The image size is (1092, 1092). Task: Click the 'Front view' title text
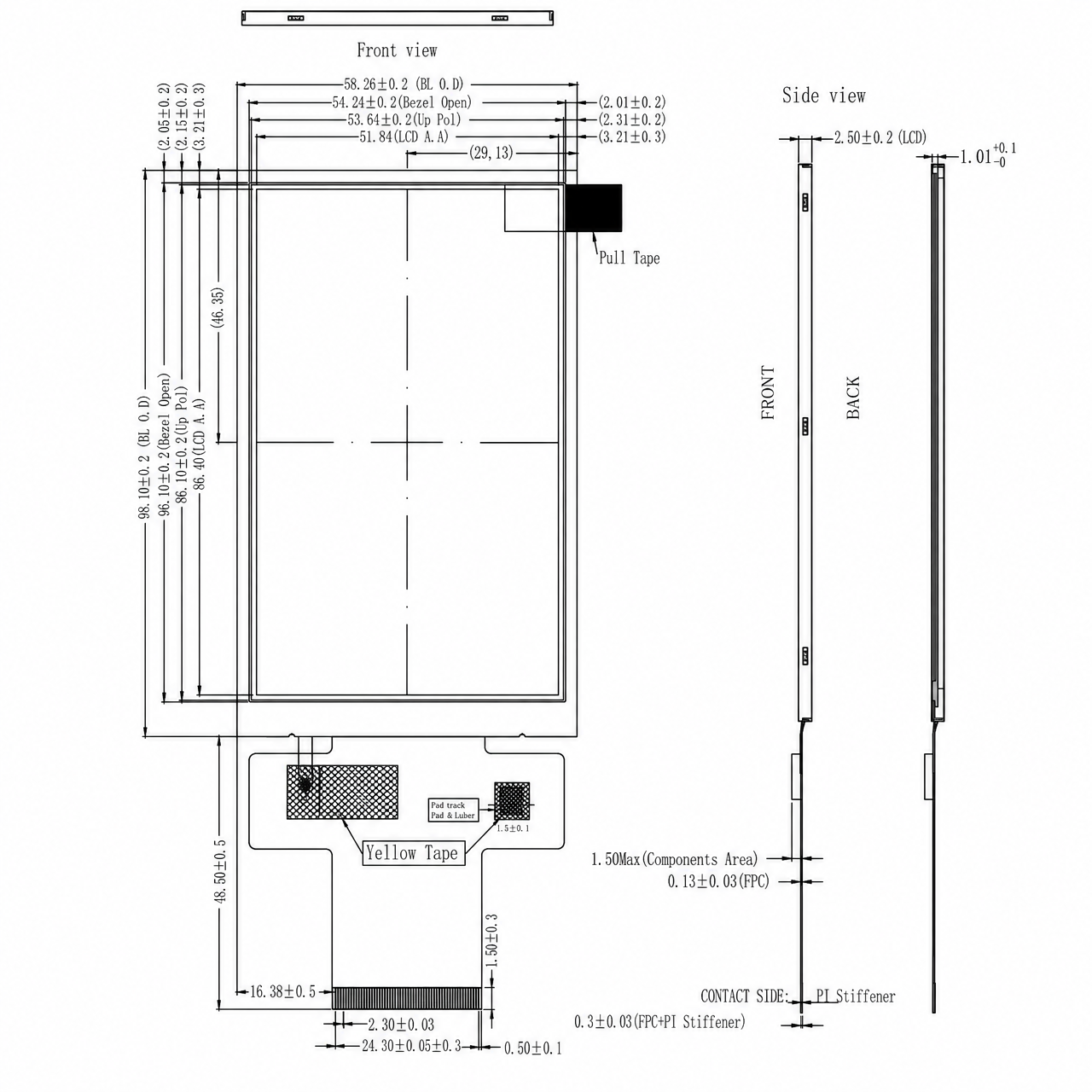(x=397, y=50)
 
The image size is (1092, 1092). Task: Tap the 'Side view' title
(x=823, y=96)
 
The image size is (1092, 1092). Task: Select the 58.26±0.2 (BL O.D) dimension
(x=404, y=84)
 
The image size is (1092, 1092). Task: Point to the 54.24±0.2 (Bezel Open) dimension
(x=402, y=102)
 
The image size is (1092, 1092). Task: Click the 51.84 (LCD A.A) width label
(x=404, y=136)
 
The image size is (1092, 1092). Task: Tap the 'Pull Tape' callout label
(x=630, y=258)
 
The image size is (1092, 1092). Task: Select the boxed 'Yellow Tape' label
(x=413, y=853)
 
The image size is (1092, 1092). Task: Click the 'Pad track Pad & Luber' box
(x=453, y=810)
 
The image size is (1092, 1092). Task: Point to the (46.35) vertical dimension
(x=218, y=307)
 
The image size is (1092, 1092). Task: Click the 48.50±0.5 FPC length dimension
(x=220, y=871)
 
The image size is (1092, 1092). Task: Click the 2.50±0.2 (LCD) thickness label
(x=880, y=137)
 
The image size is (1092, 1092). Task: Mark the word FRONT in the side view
(x=768, y=392)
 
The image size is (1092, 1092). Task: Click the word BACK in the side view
(x=853, y=398)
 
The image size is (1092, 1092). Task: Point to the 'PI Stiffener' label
(x=856, y=996)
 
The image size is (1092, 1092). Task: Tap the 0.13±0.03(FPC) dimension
(x=718, y=881)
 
